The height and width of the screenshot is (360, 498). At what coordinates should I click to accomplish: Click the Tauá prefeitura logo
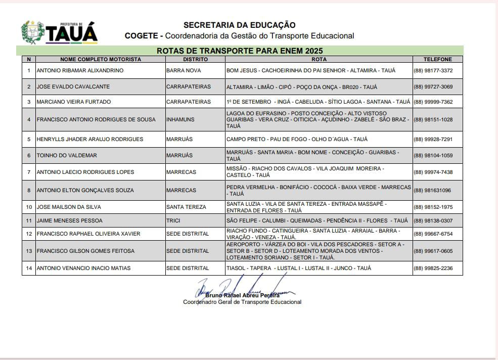click(59, 32)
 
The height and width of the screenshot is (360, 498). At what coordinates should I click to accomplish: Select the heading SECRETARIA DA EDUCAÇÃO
click(239, 25)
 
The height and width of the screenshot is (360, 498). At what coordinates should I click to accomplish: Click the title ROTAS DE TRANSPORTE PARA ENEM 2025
click(240, 51)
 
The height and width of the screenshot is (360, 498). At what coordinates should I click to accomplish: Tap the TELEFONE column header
click(437, 59)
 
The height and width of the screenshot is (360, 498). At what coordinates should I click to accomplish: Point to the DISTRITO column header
click(195, 59)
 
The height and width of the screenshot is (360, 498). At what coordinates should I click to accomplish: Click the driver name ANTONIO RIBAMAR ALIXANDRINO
click(80, 70)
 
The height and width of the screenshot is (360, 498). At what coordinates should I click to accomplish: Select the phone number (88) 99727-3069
click(433, 86)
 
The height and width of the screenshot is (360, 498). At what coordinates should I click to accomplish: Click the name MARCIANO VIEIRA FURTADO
click(74, 102)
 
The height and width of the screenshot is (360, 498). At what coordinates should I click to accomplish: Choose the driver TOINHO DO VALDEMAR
click(67, 155)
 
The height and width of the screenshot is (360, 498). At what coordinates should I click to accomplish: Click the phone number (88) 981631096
click(432, 190)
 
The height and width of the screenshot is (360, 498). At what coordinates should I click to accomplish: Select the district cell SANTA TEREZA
click(186, 207)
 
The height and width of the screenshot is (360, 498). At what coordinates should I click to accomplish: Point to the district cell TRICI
click(173, 220)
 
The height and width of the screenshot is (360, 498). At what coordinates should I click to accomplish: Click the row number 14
click(29, 268)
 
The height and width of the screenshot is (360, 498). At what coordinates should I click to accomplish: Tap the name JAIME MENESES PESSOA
click(69, 220)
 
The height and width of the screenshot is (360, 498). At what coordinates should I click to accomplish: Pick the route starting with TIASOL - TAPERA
click(298, 268)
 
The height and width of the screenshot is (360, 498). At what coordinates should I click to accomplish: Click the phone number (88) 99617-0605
click(433, 251)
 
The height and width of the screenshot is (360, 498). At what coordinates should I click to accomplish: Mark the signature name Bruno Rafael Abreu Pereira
click(242, 295)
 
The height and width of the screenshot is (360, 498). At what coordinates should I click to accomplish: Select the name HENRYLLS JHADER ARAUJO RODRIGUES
click(89, 139)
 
